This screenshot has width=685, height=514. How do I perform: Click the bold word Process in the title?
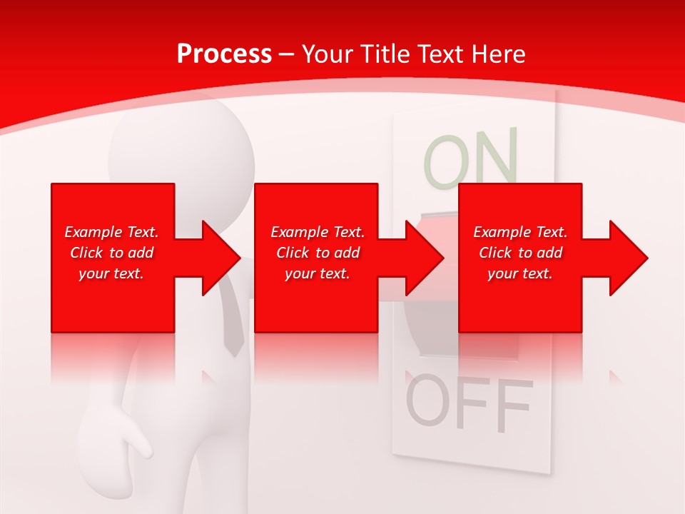(224, 54)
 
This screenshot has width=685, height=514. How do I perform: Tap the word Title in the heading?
(385, 54)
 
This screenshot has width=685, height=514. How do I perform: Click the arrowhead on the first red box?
(218, 258)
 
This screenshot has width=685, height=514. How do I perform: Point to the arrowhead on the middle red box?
(422, 258)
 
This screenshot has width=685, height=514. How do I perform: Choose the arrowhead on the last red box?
(626, 258)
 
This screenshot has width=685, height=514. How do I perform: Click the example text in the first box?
(111, 253)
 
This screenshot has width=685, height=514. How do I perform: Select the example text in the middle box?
(317, 253)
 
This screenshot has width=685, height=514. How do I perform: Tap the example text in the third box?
(520, 253)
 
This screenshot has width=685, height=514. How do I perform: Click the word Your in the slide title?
(328, 54)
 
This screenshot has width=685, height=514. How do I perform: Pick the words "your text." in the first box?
(111, 273)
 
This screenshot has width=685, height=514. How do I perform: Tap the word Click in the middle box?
(292, 253)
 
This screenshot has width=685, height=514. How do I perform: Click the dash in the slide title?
(287, 54)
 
